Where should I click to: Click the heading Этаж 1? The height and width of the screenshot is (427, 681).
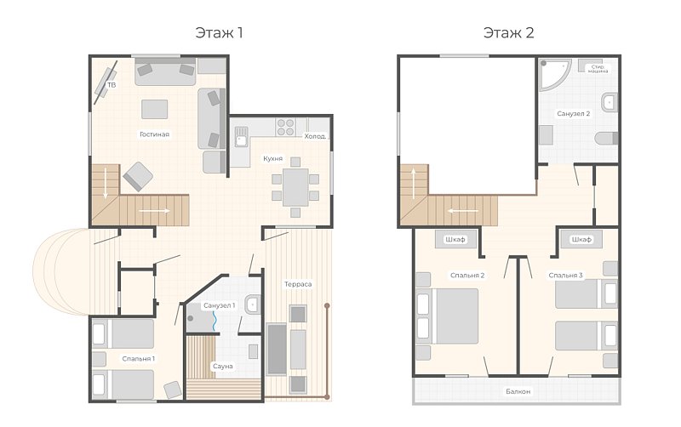[x=219, y=33]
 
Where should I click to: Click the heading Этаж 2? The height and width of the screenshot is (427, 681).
[x=508, y=33]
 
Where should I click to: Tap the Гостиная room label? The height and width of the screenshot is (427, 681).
[x=154, y=134]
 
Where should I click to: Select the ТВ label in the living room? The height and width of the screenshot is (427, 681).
[x=112, y=85]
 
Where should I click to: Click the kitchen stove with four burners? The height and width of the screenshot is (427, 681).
[x=285, y=127]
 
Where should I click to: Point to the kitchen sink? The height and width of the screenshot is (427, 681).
[x=241, y=136]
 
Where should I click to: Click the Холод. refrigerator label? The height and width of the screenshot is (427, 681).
[x=315, y=136]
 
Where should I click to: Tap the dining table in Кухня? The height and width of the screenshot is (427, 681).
[x=295, y=187]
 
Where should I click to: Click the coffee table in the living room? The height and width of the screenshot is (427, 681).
[x=155, y=109]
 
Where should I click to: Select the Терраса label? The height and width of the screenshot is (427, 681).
[x=298, y=284]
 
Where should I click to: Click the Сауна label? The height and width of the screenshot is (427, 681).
[x=223, y=367]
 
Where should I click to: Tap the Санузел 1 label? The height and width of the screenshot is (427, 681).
[x=220, y=305]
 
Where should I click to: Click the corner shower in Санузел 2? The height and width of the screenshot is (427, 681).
[x=553, y=74]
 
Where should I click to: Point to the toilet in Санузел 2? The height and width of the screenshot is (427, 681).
[x=606, y=139]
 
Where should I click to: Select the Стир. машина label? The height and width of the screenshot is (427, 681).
[x=598, y=69]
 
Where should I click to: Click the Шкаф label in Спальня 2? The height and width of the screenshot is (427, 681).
[x=455, y=240]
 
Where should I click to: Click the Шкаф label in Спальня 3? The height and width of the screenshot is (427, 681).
[x=581, y=240]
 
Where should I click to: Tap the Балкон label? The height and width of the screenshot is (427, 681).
[x=518, y=391]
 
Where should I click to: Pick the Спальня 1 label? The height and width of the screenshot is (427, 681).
[x=139, y=359]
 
